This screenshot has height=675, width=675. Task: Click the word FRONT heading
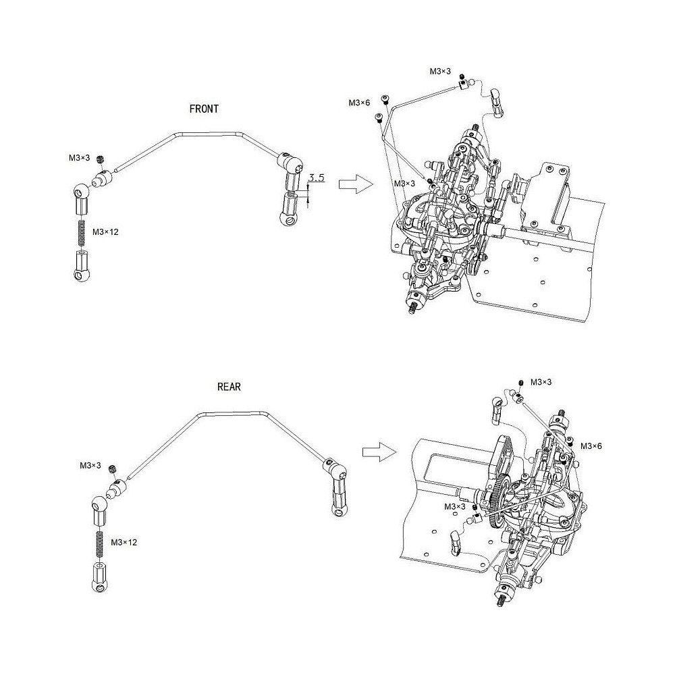point(204,108)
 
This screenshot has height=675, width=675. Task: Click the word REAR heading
point(229,387)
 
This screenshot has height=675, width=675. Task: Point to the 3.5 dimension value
point(317,179)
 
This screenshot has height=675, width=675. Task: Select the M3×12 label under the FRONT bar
point(105,232)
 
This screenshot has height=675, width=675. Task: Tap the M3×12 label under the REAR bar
point(124,542)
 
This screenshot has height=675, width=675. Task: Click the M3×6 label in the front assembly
point(359,103)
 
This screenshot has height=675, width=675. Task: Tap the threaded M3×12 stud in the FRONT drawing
point(80,232)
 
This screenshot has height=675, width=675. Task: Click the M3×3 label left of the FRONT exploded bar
point(79,158)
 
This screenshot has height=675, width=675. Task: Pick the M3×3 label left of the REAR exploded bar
point(90,466)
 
